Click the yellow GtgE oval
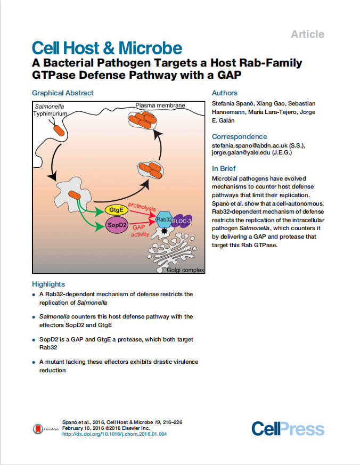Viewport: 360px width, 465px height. pyautogui.click(x=117, y=210)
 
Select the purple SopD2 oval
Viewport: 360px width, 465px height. pyautogui.click(x=117, y=226)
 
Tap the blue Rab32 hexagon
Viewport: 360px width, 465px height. pyautogui.click(x=163, y=218)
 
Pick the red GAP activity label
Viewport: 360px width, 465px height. pyautogui.click(x=140, y=230)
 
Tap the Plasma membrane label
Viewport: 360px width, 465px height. pyautogui.click(x=160, y=105)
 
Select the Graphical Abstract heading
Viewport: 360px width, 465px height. pyautogui.click(x=62, y=93)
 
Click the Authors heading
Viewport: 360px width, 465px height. pyautogui.click(x=225, y=93)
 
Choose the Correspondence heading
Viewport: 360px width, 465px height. pyautogui.click(x=240, y=136)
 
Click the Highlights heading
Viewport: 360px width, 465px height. pyautogui.click(x=48, y=284)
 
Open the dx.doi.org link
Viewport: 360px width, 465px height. pyautogui.click(x=114, y=434)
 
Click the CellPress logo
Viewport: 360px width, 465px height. pyautogui.click(x=288, y=429)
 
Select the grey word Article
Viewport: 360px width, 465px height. pyautogui.click(x=307, y=34)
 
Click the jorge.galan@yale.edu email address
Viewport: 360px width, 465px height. pyautogui.click(x=241, y=153)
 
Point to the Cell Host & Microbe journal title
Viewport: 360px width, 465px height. pyautogui.click(x=107, y=48)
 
